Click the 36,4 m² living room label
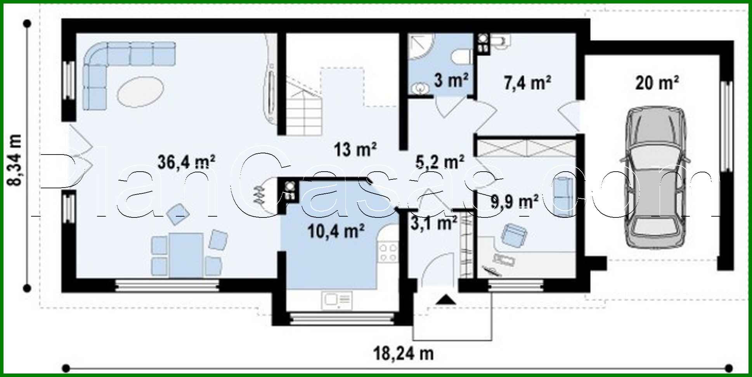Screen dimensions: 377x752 click(186, 162)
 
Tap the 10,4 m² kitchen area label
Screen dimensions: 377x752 click(336, 231)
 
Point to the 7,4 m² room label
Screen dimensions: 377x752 click(527, 83)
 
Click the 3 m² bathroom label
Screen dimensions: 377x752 click(451, 80)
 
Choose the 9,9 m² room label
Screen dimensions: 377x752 click(514, 202)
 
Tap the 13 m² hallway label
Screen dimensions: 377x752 click(355, 149)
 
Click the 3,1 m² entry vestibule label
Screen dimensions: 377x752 click(434, 223)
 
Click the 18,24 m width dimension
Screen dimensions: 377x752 click(404, 354)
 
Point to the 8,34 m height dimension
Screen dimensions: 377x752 click(16, 160)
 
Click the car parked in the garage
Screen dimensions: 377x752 click(655, 177)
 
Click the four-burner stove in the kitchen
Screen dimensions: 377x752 click(388, 252)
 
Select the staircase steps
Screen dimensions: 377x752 click(305, 113)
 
